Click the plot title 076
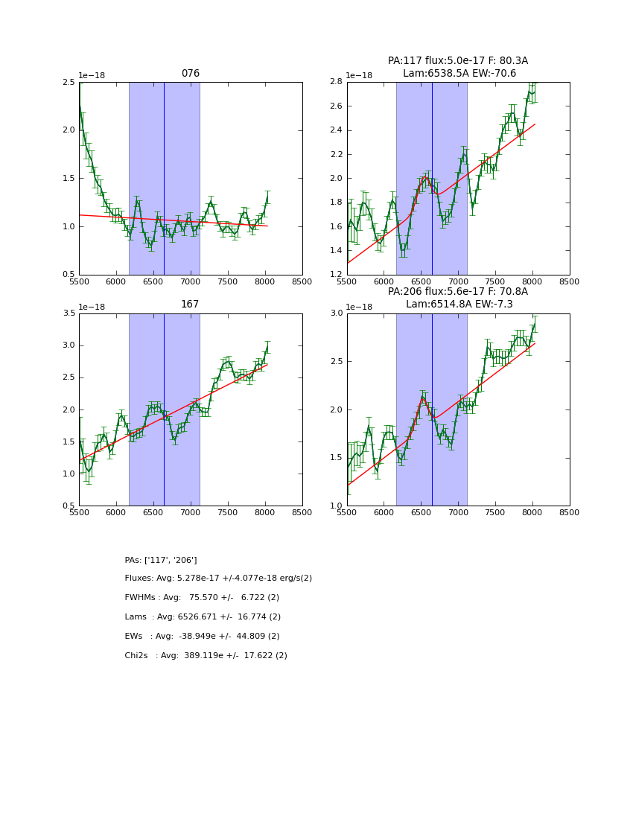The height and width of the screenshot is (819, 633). coord(191,74)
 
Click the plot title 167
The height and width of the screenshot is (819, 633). coord(191,305)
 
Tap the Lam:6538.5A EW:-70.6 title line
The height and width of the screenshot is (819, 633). coord(459,73)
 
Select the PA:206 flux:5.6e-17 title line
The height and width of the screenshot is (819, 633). coord(457,292)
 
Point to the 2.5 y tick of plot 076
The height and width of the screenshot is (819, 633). coord(68,82)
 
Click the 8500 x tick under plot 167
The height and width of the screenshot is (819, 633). coord(302,513)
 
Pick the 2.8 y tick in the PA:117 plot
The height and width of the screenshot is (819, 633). coord(335,82)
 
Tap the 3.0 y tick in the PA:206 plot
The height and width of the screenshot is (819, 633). coord(335,313)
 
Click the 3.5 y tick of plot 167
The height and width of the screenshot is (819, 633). coord(68,313)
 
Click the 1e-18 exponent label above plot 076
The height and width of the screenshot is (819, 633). coord(92,76)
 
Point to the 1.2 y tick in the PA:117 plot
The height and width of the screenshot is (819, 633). coord(335,275)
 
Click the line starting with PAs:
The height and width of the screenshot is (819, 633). coord(161,560)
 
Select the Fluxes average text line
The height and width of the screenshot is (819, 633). coord(218,579)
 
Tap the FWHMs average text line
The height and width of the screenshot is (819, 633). coord(202,598)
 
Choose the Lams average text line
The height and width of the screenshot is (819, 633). coord(203,617)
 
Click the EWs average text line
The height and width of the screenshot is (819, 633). coord(202,637)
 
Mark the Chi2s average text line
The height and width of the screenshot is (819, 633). coord(206,656)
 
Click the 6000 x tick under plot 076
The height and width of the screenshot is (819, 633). coord(116,282)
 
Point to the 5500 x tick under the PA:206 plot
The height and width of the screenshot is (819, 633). coord(347,513)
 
